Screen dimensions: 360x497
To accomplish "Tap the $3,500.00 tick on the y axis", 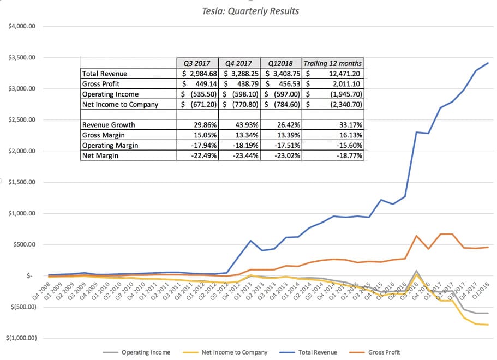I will [x=21, y=57].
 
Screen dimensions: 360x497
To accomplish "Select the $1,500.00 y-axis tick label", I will [x=21, y=182].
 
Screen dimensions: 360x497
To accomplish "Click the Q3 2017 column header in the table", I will [x=196, y=63].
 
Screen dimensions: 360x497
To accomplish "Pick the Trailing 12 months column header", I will [x=333, y=63].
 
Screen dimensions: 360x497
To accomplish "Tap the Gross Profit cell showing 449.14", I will [x=196, y=84].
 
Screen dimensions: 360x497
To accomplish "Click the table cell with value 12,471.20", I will [x=333, y=74].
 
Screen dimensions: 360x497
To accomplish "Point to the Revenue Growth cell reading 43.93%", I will [x=239, y=125].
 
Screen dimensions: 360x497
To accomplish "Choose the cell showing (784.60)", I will [x=282, y=105].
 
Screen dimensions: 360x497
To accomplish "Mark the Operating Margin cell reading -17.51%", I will [x=282, y=146].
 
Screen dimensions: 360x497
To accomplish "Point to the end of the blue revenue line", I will [x=488, y=63].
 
